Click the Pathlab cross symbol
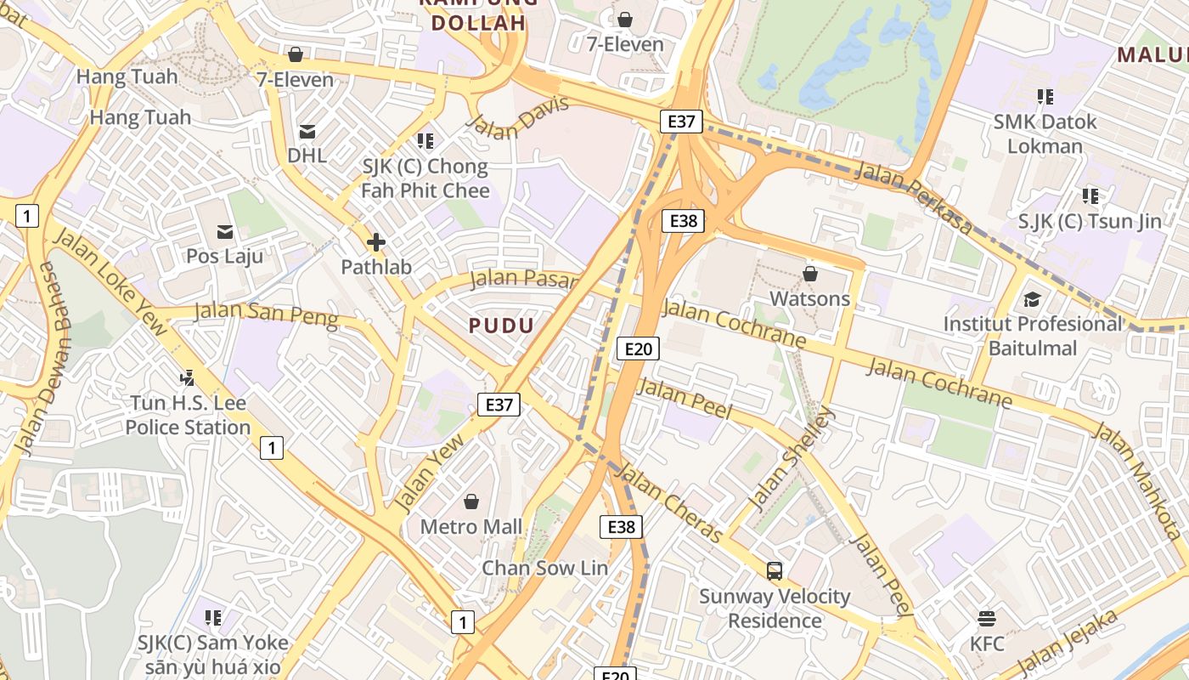[375, 242]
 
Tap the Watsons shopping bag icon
[809, 274]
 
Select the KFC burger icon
[986, 617]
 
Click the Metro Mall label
[471, 527]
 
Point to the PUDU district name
[501, 326]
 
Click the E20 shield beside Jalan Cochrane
[638, 348]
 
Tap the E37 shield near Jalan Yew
[499, 405]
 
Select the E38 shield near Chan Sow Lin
[621, 527]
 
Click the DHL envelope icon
[307, 131]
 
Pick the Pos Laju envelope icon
[225, 231]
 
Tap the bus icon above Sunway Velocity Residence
[775, 570]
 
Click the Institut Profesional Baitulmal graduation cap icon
[1032, 299]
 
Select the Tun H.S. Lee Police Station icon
[188, 377]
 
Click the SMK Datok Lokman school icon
[1045, 97]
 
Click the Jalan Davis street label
[517, 120]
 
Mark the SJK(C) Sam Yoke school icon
[213, 617]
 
